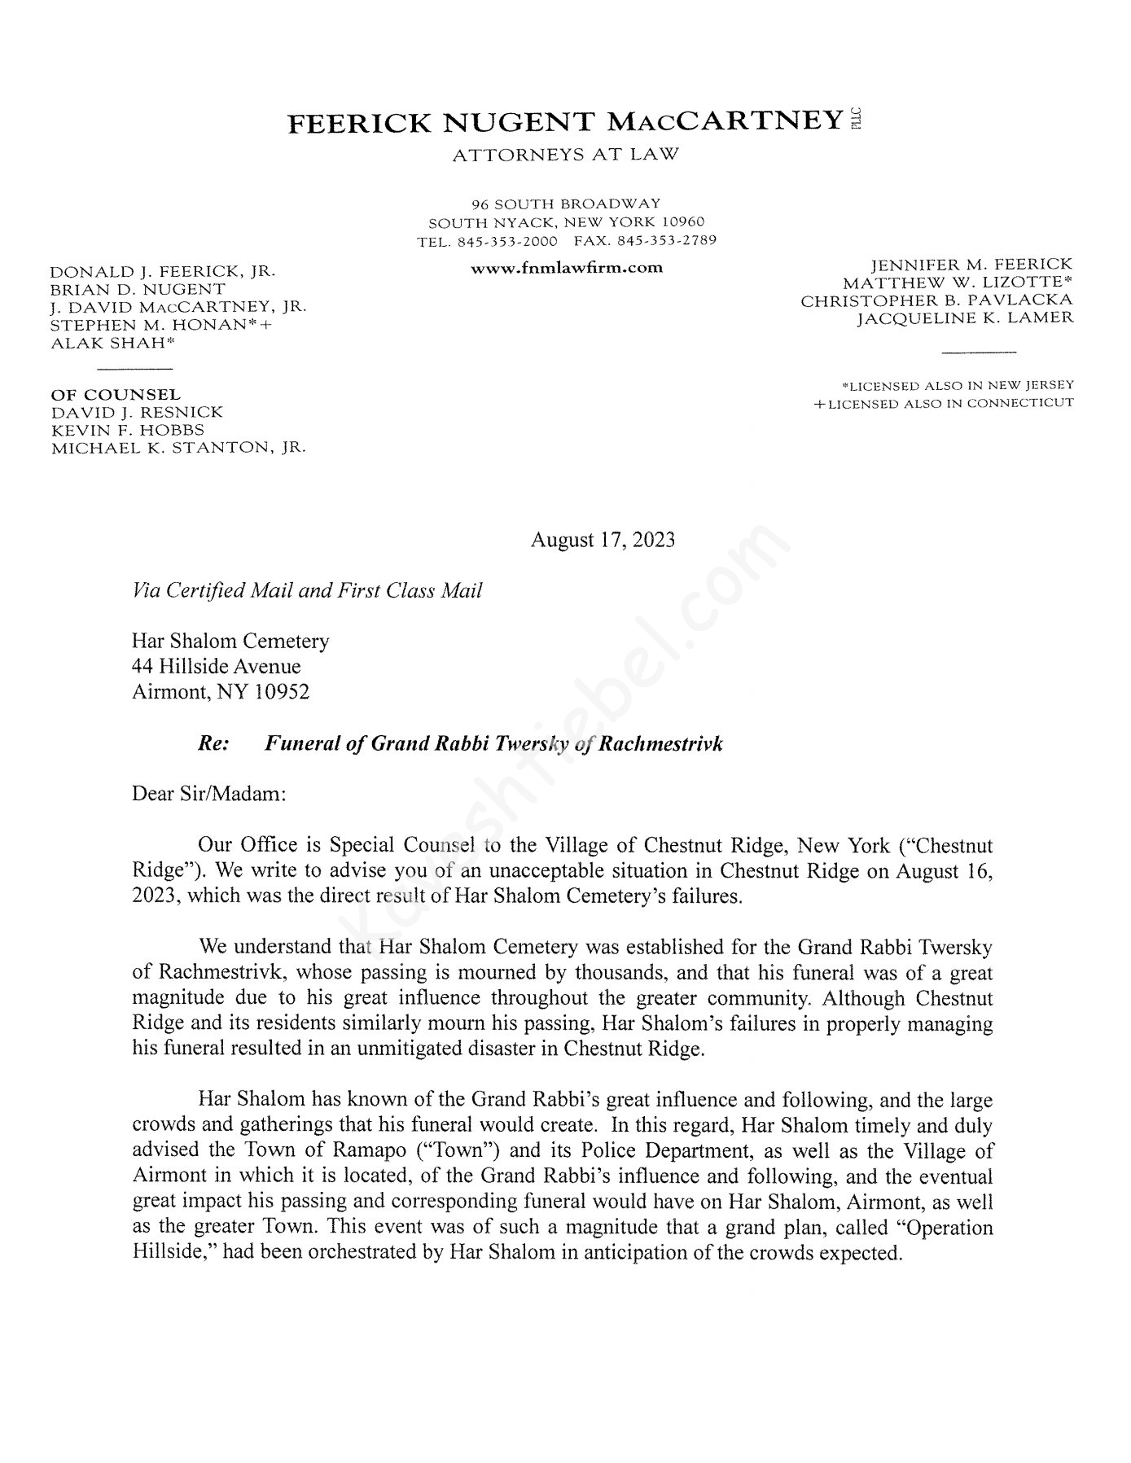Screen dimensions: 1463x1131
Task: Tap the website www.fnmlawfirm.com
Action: click(x=567, y=267)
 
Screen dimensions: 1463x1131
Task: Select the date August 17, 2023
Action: click(x=603, y=540)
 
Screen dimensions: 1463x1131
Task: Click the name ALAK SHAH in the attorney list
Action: click(x=113, y=343)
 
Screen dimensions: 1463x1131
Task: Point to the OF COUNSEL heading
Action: click(x=116, y=395)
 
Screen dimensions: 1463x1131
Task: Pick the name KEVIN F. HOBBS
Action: click(x=127, y=430)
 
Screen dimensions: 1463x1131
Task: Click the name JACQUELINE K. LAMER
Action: click(x=965, y=318)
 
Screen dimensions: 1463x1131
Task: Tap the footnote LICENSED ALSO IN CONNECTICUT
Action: click(x=944, y=404)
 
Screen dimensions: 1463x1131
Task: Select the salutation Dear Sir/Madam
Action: click(x=209, y=794)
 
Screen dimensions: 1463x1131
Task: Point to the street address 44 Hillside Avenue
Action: click(x=217, y=667)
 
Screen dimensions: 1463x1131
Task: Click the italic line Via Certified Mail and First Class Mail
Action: click(x=307, y=590)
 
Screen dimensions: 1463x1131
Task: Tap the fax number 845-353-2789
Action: click(x=667, y=241)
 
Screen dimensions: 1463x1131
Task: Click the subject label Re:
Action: click(x=213, y=743)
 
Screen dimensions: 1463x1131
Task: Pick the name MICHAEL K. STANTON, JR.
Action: click(x=178, y=448)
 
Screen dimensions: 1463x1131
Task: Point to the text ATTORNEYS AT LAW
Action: click(x=565, y=155)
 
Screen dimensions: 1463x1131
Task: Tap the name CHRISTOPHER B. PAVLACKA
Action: click(x=936, y=300)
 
